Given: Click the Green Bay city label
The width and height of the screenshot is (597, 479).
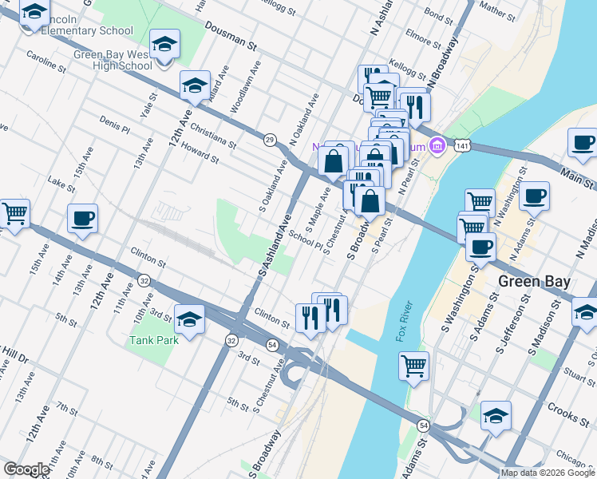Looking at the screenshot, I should click(534, 282).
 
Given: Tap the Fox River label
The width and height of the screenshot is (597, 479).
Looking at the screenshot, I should click(405, 322).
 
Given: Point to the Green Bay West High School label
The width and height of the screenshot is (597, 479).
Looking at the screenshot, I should click(113, 60).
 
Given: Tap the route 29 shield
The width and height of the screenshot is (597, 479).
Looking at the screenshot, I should click(270, 140).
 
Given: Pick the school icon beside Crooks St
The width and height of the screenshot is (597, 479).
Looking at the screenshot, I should click(496, 415).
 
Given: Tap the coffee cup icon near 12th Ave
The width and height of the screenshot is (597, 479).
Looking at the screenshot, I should click(82, 218).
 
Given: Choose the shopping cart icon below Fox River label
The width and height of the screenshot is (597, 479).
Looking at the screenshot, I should click(413, 366).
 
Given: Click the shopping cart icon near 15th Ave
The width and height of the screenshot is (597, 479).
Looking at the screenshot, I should click(14, 213).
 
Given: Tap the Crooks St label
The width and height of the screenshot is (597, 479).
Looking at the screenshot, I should click(568, 413).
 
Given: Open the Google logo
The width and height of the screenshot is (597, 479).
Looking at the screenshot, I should click(26, 469).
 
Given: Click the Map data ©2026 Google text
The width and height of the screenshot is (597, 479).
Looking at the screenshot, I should click(547, 473).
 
